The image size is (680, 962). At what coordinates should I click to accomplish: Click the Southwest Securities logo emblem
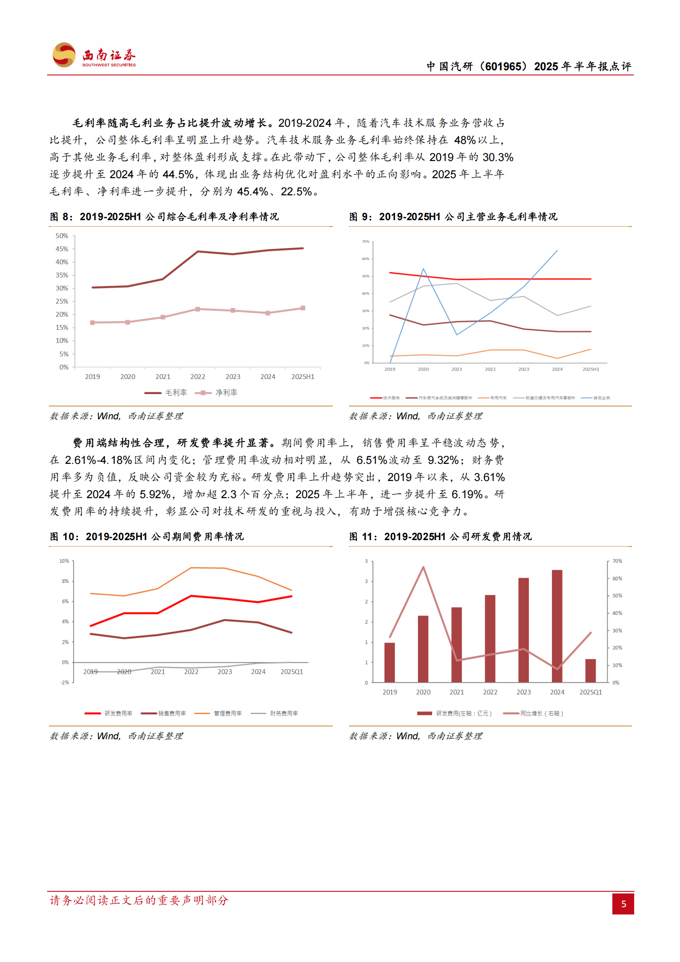click(64, 55)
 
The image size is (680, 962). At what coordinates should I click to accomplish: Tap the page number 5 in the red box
click(623, 904)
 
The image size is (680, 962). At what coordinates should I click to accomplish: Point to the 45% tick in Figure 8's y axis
click(62, 249)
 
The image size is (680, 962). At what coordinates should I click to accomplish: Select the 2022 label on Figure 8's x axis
click(197, 376)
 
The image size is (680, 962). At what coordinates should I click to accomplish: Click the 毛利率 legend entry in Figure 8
click(166, 392)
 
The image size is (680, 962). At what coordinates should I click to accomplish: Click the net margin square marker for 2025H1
click(303, 308)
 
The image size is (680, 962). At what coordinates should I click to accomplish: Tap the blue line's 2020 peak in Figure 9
click(423, 269)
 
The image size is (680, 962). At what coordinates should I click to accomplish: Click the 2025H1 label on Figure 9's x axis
click(591, 369)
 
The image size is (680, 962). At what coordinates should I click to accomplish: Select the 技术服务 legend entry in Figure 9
click(385, 398)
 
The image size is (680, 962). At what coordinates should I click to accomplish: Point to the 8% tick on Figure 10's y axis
click(65, 581)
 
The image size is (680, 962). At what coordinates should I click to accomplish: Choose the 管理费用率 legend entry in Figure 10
click(218, 713)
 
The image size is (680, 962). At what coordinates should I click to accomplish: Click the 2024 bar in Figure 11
click(557, 625)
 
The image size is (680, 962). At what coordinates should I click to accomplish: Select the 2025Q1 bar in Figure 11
click(591, 670)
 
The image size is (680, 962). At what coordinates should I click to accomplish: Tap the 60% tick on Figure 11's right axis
click(617, 578)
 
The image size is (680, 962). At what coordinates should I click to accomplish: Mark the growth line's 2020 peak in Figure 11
click(423, 567)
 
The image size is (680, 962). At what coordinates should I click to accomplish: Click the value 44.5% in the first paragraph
click(178, 174)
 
